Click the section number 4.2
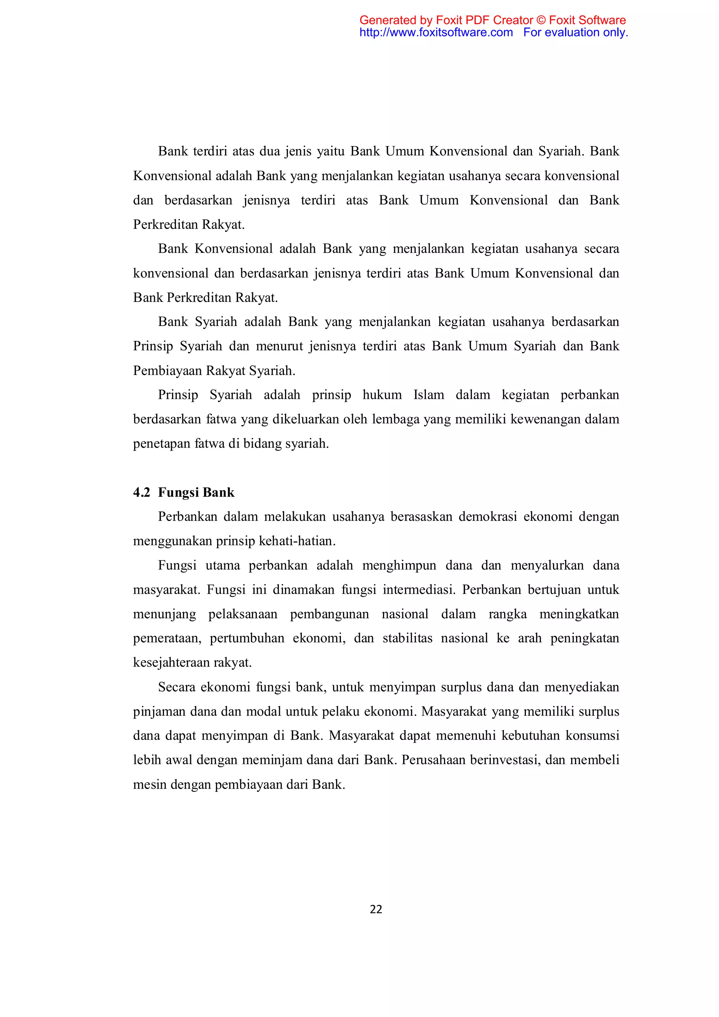pyautogui.click(x=142, y=493)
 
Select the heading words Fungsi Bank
pyautogui.click(x=196, y=493)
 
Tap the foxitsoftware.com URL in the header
pyautogui.click(x=436, y=32)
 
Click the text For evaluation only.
pyautogui.click(x=575, y=32)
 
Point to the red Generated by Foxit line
pyautogui.click(x=492, y=20)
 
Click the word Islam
pyautogui.click(x=429, y=395)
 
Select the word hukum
pyautogui.click(x=382, y=395)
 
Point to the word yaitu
pyautogui.click(x=330, y=151)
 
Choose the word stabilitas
pyautogui.click(x=407, y=638)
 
